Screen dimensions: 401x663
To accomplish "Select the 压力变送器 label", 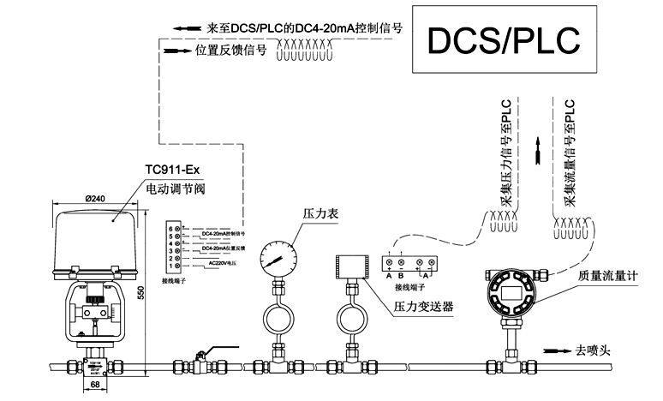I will coord(423,305).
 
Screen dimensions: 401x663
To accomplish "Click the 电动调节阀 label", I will coord(177,187).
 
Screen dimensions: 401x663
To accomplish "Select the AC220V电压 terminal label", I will coord(224,262).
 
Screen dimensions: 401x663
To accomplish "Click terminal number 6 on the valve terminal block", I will coord(170,228).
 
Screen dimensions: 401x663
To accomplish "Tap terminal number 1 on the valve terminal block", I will coord(170,266).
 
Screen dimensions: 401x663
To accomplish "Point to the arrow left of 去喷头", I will coord(557,350).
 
